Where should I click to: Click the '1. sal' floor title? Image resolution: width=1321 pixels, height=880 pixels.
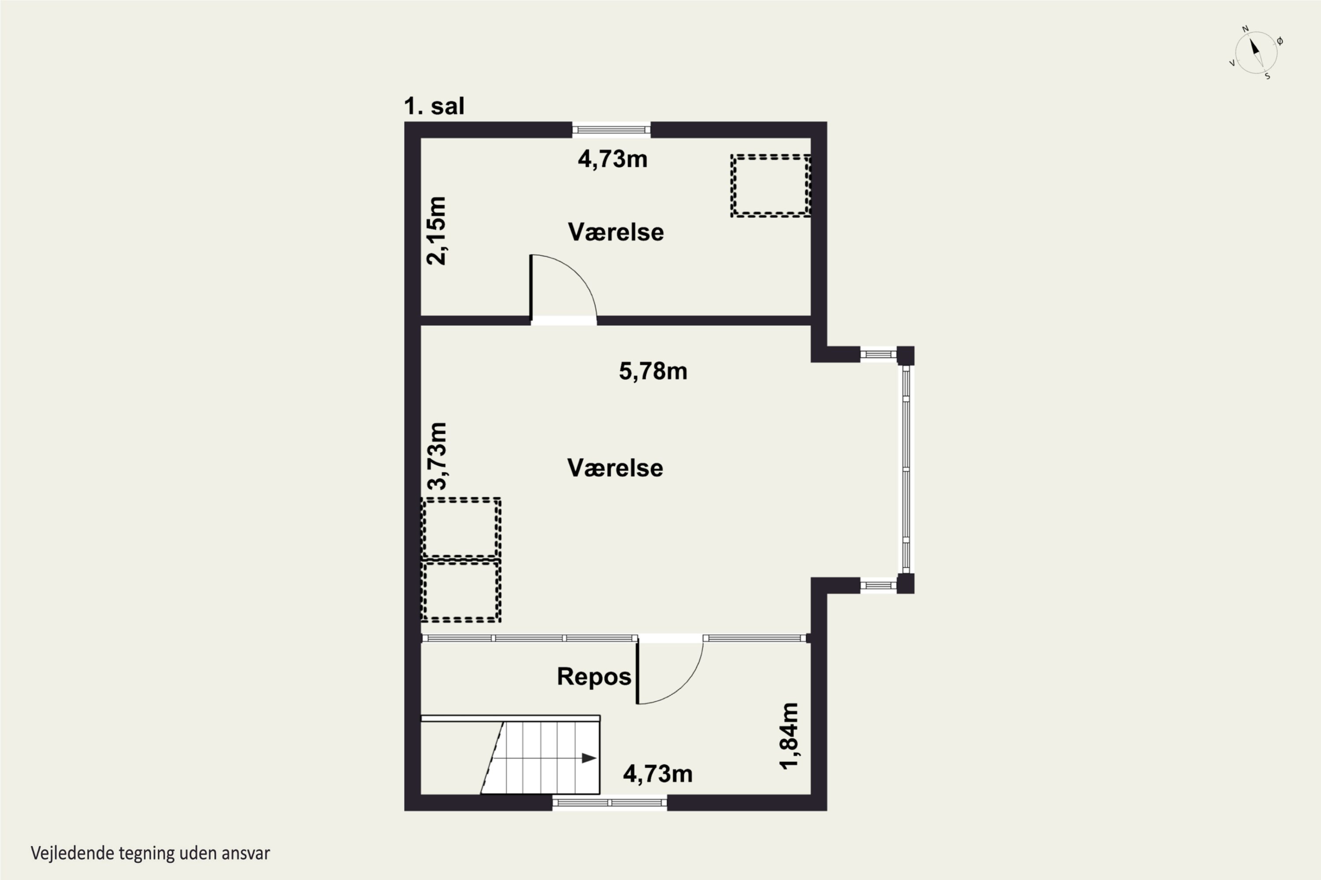[434, 106]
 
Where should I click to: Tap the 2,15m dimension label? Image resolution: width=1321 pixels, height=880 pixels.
[436, 231]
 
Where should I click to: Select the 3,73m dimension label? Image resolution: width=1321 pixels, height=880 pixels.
[437, 456]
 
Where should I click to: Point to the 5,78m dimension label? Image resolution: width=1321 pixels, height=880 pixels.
[653, 371]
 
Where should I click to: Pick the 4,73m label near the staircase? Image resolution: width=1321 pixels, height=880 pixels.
[658, 774]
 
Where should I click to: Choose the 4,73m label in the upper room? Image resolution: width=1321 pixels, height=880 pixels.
[613, 159]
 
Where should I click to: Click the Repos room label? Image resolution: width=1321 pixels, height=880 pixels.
[594, 676]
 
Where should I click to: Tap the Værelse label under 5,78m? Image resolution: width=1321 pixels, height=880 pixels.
[615, 467]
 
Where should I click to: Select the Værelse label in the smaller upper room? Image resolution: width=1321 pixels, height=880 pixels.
[616, 232]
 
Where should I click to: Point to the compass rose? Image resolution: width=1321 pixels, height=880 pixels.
[1256, 53]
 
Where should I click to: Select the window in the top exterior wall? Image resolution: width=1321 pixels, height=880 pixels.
[611, 130]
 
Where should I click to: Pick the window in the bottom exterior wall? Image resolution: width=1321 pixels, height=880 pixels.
[609, 803]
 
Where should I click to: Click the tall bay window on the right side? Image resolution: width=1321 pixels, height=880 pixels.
[906, 469]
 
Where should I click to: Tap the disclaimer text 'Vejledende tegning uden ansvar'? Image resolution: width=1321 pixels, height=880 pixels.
[151, 854]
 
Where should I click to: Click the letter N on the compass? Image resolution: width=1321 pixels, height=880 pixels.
[1245, 29]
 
